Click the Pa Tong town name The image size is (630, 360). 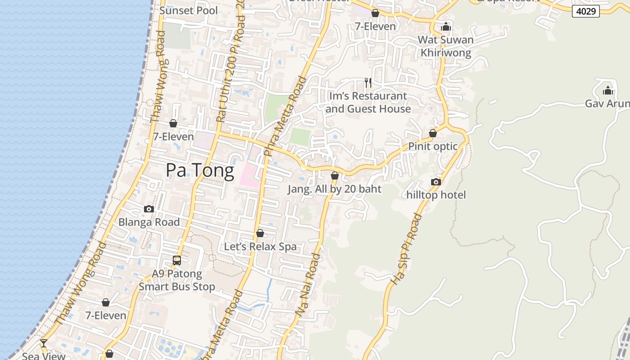click(200, 171)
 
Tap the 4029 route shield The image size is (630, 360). click(586, 11)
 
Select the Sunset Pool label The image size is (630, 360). click(189, 10)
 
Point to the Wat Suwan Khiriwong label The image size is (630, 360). click(445, 46)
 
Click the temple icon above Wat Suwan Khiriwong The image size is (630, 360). click(446, 27)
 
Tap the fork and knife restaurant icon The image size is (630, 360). click(368, 83)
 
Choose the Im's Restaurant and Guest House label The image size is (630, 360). click(368, 102)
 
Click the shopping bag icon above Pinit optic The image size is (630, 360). click(433, 133)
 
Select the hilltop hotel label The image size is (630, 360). click(436, 195)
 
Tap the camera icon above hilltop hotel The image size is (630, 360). click(436, 182)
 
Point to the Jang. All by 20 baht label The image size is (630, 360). click(334, 189)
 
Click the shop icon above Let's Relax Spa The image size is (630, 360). click(260, 233)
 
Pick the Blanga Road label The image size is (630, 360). click(149, 222)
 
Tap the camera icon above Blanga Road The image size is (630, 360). click(149, 209)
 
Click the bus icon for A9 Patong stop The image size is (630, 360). click(177, 260)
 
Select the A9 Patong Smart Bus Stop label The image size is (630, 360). click(177, 280)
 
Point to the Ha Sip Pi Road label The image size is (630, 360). click(406, 249)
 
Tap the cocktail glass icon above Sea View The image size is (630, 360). click(44, 343)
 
